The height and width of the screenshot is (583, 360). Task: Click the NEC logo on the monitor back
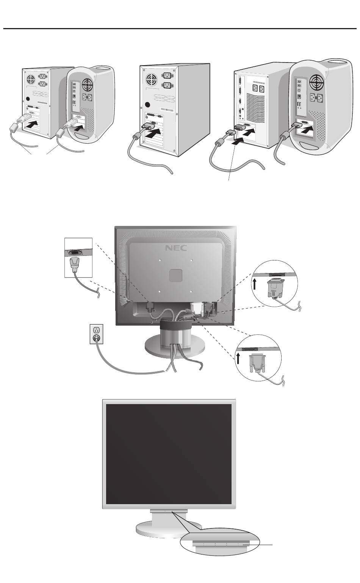176,249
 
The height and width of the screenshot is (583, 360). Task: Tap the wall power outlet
97,334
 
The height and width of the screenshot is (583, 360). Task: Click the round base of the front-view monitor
167,529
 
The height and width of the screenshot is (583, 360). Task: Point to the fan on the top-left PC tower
30,80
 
